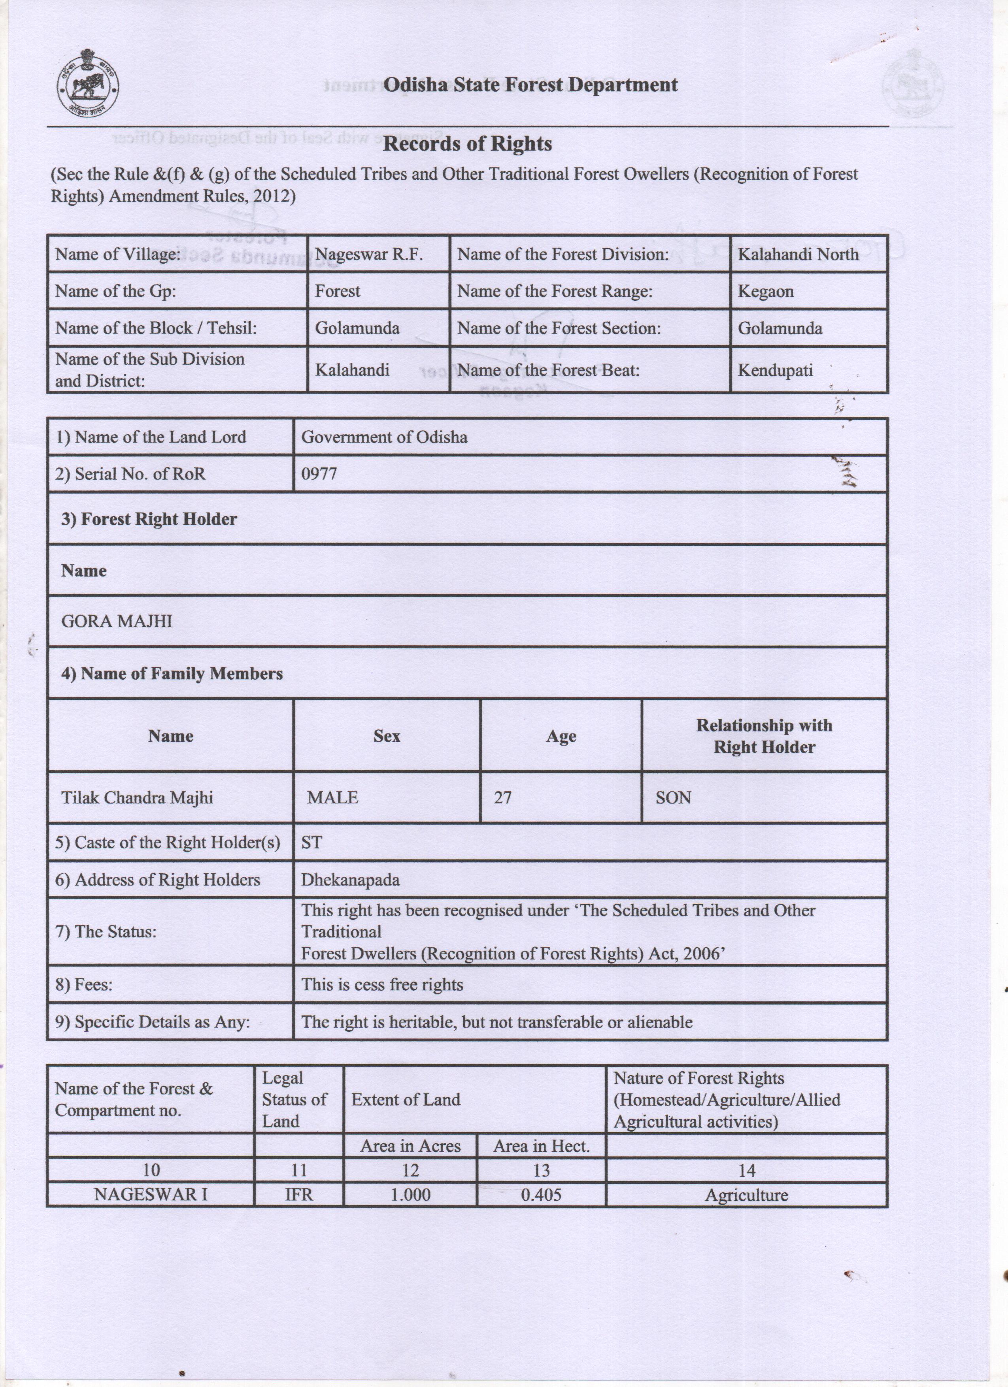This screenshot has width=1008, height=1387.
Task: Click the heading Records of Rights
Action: (x=467, y=144)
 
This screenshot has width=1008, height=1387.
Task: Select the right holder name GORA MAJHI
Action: (x=117, y=621)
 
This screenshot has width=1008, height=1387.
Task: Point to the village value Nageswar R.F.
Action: (x=369, y=254)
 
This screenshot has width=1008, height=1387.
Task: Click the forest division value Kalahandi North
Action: (x=798, y=254)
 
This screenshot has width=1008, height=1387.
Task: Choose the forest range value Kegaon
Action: (x=765, y=292)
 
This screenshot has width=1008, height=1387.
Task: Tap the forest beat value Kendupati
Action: (x=775, y=371)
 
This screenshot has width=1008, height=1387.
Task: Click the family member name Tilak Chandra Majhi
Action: (x=137, y=797)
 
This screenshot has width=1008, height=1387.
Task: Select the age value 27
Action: (x=502, y=797)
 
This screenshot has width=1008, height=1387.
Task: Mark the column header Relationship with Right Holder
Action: (x=764, y=736)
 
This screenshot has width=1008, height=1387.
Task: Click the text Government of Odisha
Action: (x=384, y=437)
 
